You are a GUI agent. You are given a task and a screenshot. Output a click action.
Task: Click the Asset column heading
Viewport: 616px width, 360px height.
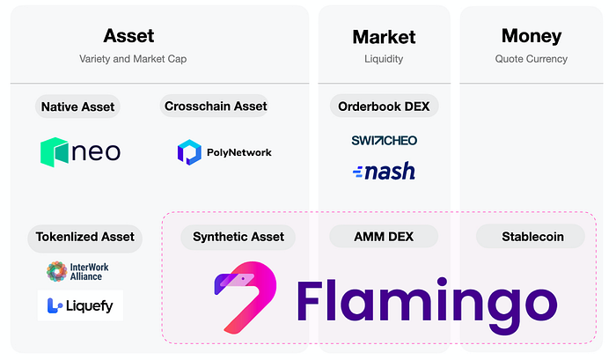(128, 36)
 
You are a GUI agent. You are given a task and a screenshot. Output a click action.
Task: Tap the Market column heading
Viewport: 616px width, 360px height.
(384, 37)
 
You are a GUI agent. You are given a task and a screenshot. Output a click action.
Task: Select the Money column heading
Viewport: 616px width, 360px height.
(532, 37)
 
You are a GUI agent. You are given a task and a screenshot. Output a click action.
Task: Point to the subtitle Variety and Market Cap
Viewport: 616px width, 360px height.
(133, 59)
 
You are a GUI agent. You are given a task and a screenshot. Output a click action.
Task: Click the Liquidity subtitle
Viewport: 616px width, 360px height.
(384, 59)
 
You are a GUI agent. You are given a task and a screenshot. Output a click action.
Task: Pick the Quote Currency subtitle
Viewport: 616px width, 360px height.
(532, 59)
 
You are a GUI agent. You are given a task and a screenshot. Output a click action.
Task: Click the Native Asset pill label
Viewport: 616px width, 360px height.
(77, 107)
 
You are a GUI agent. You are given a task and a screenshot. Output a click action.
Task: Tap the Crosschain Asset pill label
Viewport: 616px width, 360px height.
(216, 106)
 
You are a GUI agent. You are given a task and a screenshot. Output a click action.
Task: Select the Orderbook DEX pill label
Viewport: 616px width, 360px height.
(384, 107)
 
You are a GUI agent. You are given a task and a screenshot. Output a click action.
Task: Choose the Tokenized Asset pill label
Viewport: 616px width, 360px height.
(84, 237)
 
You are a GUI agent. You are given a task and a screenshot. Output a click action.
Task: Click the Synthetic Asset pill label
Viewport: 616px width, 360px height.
(238, 237)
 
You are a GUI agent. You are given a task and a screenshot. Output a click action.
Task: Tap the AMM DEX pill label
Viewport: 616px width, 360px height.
(384, 237)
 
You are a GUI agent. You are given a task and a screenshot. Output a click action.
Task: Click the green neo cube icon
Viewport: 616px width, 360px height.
(55, 152)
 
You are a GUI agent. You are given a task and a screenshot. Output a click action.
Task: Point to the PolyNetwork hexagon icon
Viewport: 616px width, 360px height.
(189, 152)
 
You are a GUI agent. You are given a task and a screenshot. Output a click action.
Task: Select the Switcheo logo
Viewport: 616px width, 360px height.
(384, 140)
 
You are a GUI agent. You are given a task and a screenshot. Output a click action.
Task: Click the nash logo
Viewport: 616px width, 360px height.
(384, 172)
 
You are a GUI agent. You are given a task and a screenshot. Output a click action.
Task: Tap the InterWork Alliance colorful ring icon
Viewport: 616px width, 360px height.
(57, 272)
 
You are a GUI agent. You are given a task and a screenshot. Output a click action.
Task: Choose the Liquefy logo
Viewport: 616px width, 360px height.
(80, 305)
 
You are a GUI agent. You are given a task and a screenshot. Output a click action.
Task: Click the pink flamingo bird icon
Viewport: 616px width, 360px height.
(246, 298)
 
